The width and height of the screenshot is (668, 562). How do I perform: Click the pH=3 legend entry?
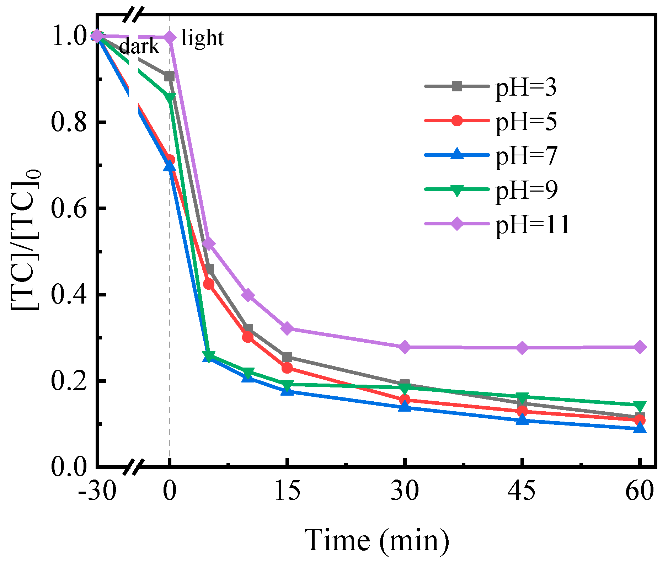pos(526,87)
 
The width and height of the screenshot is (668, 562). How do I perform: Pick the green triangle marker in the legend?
pos(457,190)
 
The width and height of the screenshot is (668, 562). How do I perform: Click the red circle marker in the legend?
pos(457,121)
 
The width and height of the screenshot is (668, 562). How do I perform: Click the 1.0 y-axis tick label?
pos(69,36)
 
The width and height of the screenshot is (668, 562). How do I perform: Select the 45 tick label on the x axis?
pos(521,491)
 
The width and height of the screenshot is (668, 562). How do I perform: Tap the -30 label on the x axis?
pos(97,491)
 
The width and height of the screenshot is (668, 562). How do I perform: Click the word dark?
pos(140,47)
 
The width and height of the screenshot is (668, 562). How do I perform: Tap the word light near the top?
pos(202,38)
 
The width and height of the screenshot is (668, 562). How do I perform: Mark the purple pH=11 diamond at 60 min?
pos(640,347)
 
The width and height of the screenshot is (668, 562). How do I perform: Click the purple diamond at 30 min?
pos(405,347)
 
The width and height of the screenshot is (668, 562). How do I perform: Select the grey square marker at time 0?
pos(169,76)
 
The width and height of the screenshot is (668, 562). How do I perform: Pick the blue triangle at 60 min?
pos(640,428)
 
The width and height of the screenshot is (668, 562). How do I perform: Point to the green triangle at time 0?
pos(170,97)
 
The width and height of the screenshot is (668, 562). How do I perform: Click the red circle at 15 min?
pos(287,368)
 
